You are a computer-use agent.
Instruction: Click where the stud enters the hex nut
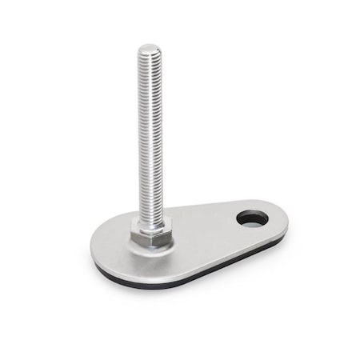(150, 222)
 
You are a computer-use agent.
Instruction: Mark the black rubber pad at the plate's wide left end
(100, 270)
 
